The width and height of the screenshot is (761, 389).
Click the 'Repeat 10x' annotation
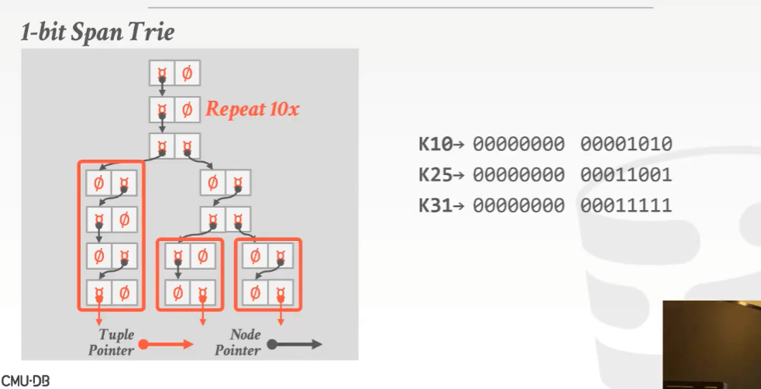coord(252,109)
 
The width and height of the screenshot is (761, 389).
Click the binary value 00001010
coord(625,143)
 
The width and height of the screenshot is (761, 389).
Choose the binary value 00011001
coord(625,175)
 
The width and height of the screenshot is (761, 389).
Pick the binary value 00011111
coord(625,206)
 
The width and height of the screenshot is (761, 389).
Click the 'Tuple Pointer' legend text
coord(115,343)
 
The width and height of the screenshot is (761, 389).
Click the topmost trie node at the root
coord(174,74)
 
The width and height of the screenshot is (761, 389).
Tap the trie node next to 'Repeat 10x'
coord(174,109)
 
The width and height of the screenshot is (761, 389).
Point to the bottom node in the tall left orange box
coord(111,292)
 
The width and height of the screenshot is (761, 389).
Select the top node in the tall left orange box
coord(111,184)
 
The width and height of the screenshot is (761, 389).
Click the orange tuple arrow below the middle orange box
coord(203,317)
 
